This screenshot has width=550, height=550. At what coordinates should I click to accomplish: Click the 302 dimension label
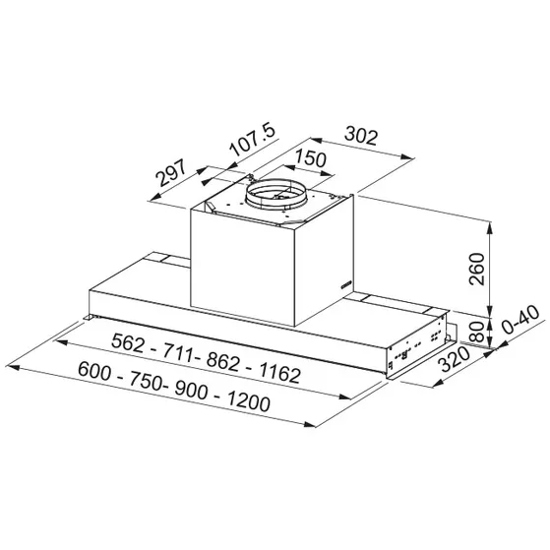362,138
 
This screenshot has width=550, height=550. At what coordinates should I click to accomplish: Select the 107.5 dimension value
248,140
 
